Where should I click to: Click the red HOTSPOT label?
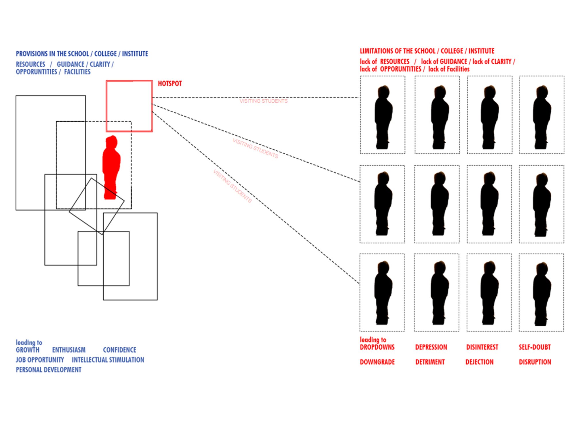point(170,84)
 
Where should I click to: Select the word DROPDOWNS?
point(377,347)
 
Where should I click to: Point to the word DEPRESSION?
point(431,347)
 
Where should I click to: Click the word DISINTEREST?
point(482,347)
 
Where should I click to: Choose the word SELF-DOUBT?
point(535,347)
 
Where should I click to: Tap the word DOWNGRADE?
point(377,362)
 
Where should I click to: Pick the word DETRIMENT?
point(430,362)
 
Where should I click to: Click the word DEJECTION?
point(479,362)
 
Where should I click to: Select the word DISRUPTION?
point(535,362)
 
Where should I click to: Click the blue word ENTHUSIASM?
point(69,350)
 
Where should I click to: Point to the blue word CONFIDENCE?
point(119,350)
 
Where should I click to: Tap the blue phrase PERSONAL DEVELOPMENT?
point(49,370)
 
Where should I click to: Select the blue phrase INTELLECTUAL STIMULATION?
point(108,360)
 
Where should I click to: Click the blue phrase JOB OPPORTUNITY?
point(40,360)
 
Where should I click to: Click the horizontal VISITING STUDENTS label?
point(263,101)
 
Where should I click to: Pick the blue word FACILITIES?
point(77,72)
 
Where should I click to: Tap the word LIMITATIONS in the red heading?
point(377,51)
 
